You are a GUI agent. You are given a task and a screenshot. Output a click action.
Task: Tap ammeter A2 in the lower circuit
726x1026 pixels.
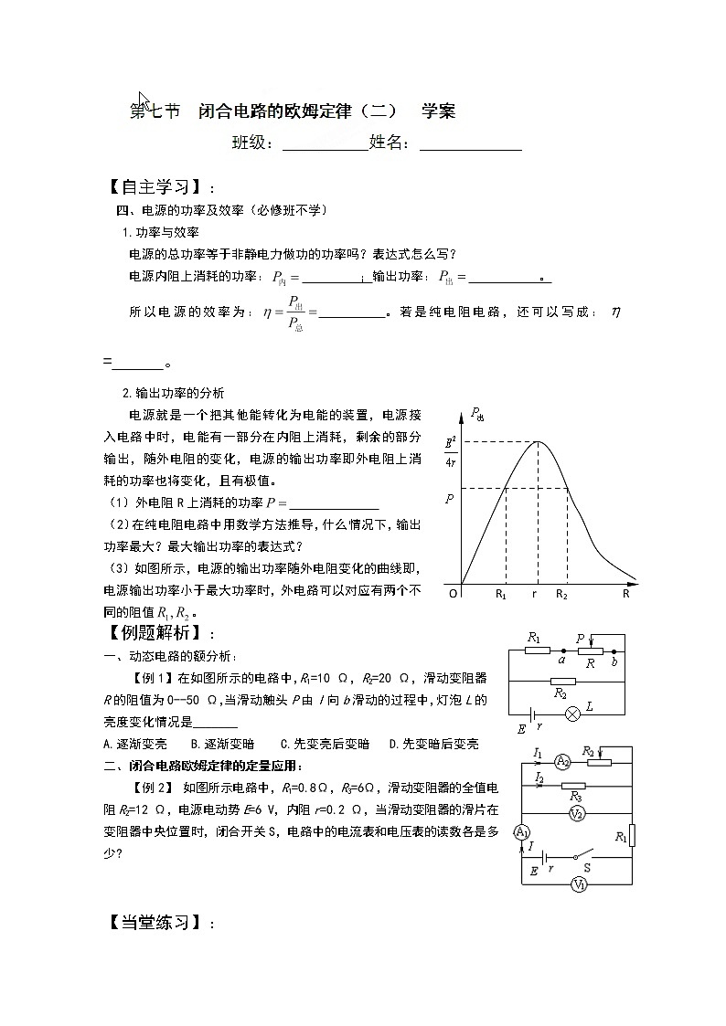tap(563, 761)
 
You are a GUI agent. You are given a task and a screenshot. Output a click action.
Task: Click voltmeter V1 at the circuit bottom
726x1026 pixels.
tap(578, 884)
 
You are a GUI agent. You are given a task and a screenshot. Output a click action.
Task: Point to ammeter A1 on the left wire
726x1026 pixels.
tap(521, 832)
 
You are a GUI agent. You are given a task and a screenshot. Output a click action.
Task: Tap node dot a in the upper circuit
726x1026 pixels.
tap(562, 651)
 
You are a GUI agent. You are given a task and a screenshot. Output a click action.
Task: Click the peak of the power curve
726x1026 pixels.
tap(538, 442)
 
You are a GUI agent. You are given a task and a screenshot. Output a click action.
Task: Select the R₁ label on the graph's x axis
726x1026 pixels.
tap(501, 594)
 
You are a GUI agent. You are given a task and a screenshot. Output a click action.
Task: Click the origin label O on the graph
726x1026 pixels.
tap(452, 594)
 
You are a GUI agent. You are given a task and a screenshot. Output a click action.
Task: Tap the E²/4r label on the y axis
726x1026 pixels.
tap(451, 451)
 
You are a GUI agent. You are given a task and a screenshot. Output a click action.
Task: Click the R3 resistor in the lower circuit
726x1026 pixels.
tap(573, 786)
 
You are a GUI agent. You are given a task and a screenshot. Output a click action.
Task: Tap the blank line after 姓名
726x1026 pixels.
tap(470, 144)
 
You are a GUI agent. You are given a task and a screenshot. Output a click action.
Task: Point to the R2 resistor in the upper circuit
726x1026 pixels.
tap(563, 681)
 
